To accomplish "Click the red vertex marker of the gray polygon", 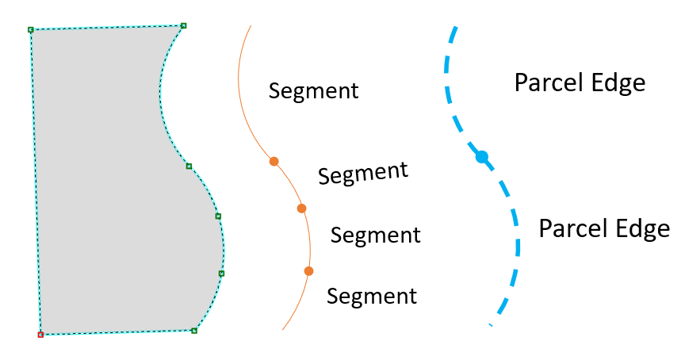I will coord(40,335).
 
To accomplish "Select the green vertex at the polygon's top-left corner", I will coord(31,30).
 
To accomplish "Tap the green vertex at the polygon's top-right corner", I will coord(183,25).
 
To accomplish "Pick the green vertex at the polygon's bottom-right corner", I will coord(194,330).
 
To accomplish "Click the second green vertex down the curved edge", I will coord(189,166).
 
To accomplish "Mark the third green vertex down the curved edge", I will coord(218,216).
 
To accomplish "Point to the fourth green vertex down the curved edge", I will coord(221,274).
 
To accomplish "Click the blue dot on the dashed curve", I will coord(481,157).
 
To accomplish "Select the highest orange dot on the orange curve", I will coord(274,161).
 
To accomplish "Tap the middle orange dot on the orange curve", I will coord(301,209).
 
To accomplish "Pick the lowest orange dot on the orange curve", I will coord(308,271).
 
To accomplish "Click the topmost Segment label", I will coord(313,90).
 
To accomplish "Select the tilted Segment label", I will coord(363,172).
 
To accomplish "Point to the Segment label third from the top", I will coord(375,236).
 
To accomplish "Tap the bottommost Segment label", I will coord(371,297).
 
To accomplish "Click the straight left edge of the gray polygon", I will coord(36,182).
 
